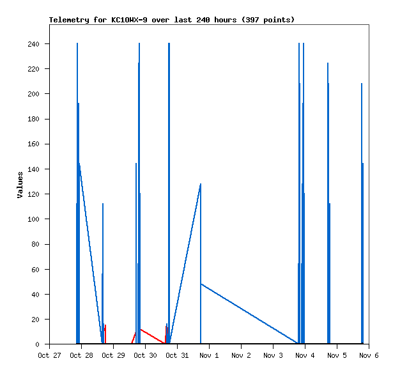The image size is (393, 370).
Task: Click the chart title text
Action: tap(172, 20)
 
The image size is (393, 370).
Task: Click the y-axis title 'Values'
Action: tap(20, 185)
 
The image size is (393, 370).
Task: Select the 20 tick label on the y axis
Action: tap(35, 320)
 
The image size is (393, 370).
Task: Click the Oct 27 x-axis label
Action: tap(49, 355)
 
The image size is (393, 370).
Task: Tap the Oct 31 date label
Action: tap(177, 355)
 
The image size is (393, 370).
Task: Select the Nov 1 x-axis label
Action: tap(209, 355)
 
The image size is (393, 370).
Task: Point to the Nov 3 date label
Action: tap(273, 355)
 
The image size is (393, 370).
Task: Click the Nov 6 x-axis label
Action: tap(369, 355)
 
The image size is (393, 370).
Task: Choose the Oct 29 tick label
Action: tap(113, 355)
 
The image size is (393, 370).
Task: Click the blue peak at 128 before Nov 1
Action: tap(201, 185)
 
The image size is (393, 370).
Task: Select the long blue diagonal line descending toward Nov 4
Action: tap(249, 313)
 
